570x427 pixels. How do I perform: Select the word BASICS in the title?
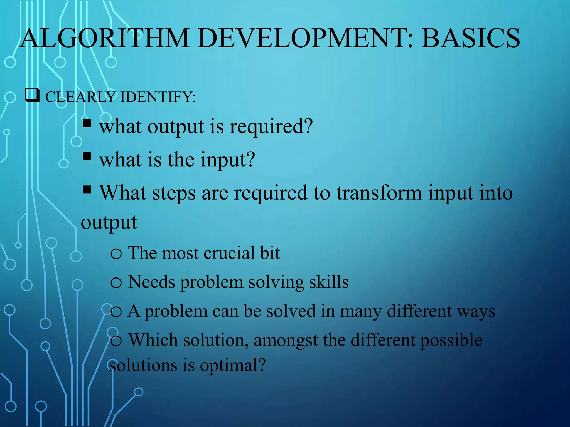click(470, 38)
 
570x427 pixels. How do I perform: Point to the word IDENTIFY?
click(158, 97)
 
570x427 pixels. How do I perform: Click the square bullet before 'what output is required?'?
click(87, 123)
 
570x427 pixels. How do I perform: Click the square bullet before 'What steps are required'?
click(87, 190)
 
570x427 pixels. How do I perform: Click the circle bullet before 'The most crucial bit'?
click(116, 254)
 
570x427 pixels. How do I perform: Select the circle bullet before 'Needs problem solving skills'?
click(116, 283)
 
